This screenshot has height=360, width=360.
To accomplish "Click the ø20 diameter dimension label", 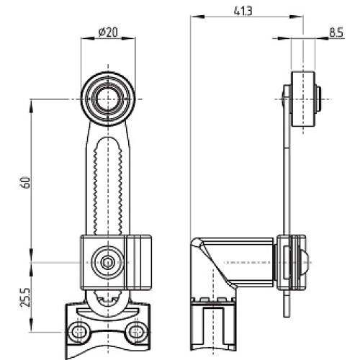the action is click(x=108, y=32).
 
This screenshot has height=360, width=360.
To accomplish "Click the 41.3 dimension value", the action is click(x=243, y=11).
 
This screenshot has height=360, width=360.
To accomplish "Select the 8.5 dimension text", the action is click(x=336, y=32).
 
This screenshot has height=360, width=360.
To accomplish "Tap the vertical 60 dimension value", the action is click(x=26, y=183).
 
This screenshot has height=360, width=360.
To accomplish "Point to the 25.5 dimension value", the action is click(x=26, y=297).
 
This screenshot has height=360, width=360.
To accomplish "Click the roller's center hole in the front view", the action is click(x=108, y=99).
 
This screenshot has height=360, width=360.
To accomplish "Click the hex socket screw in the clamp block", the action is click(x=107, y=262).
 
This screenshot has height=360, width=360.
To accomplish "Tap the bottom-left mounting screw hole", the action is click(x=78, y=332).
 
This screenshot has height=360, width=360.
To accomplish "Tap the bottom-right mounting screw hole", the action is click(x=137, y=332).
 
